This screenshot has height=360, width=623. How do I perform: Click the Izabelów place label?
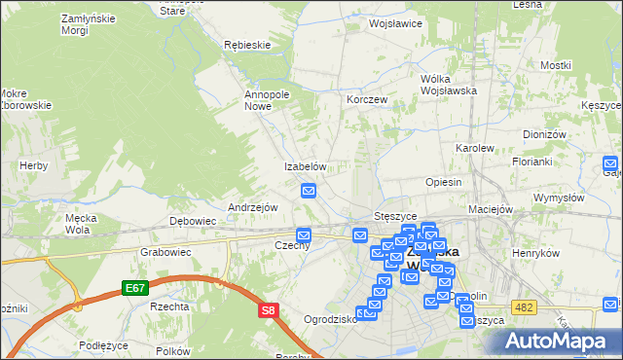tap(304, 167)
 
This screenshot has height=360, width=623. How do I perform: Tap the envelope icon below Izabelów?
tap(310, 192)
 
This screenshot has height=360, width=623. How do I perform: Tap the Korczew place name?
tap(368, 100)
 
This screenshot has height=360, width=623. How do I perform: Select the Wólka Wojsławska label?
tap(447, 85)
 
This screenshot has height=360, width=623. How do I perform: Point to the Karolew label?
tap(474, 148)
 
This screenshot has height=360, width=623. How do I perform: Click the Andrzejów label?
tap(253, 207)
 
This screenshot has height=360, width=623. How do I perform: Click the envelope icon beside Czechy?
tap(304, 234)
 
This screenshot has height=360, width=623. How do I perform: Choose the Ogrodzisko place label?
tap(328, 319)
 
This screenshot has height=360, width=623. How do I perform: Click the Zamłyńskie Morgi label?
tap(60, 24)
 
